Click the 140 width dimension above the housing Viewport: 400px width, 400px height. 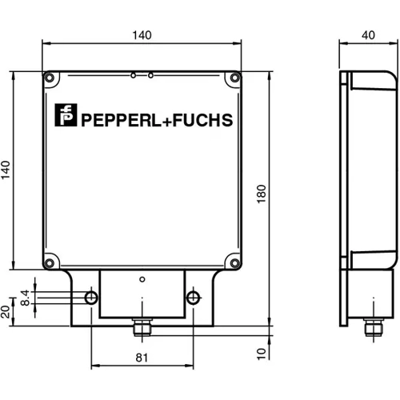tap(142, 35)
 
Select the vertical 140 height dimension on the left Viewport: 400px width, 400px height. tap(6, 171)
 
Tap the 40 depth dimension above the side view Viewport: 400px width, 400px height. tap(367, 35)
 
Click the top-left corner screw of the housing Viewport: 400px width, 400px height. tap(50, 78)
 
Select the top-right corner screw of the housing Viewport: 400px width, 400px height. tap(234, 78)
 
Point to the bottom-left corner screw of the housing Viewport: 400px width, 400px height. tap(50, 259)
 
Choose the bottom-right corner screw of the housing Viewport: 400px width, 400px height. tap(234, 259)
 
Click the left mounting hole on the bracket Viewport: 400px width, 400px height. tap(92, 298)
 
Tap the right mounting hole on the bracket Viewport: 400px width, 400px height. tap(192, 298)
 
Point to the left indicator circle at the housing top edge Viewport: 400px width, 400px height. tap(134, 75)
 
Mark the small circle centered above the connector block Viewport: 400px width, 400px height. tap(142, 280)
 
